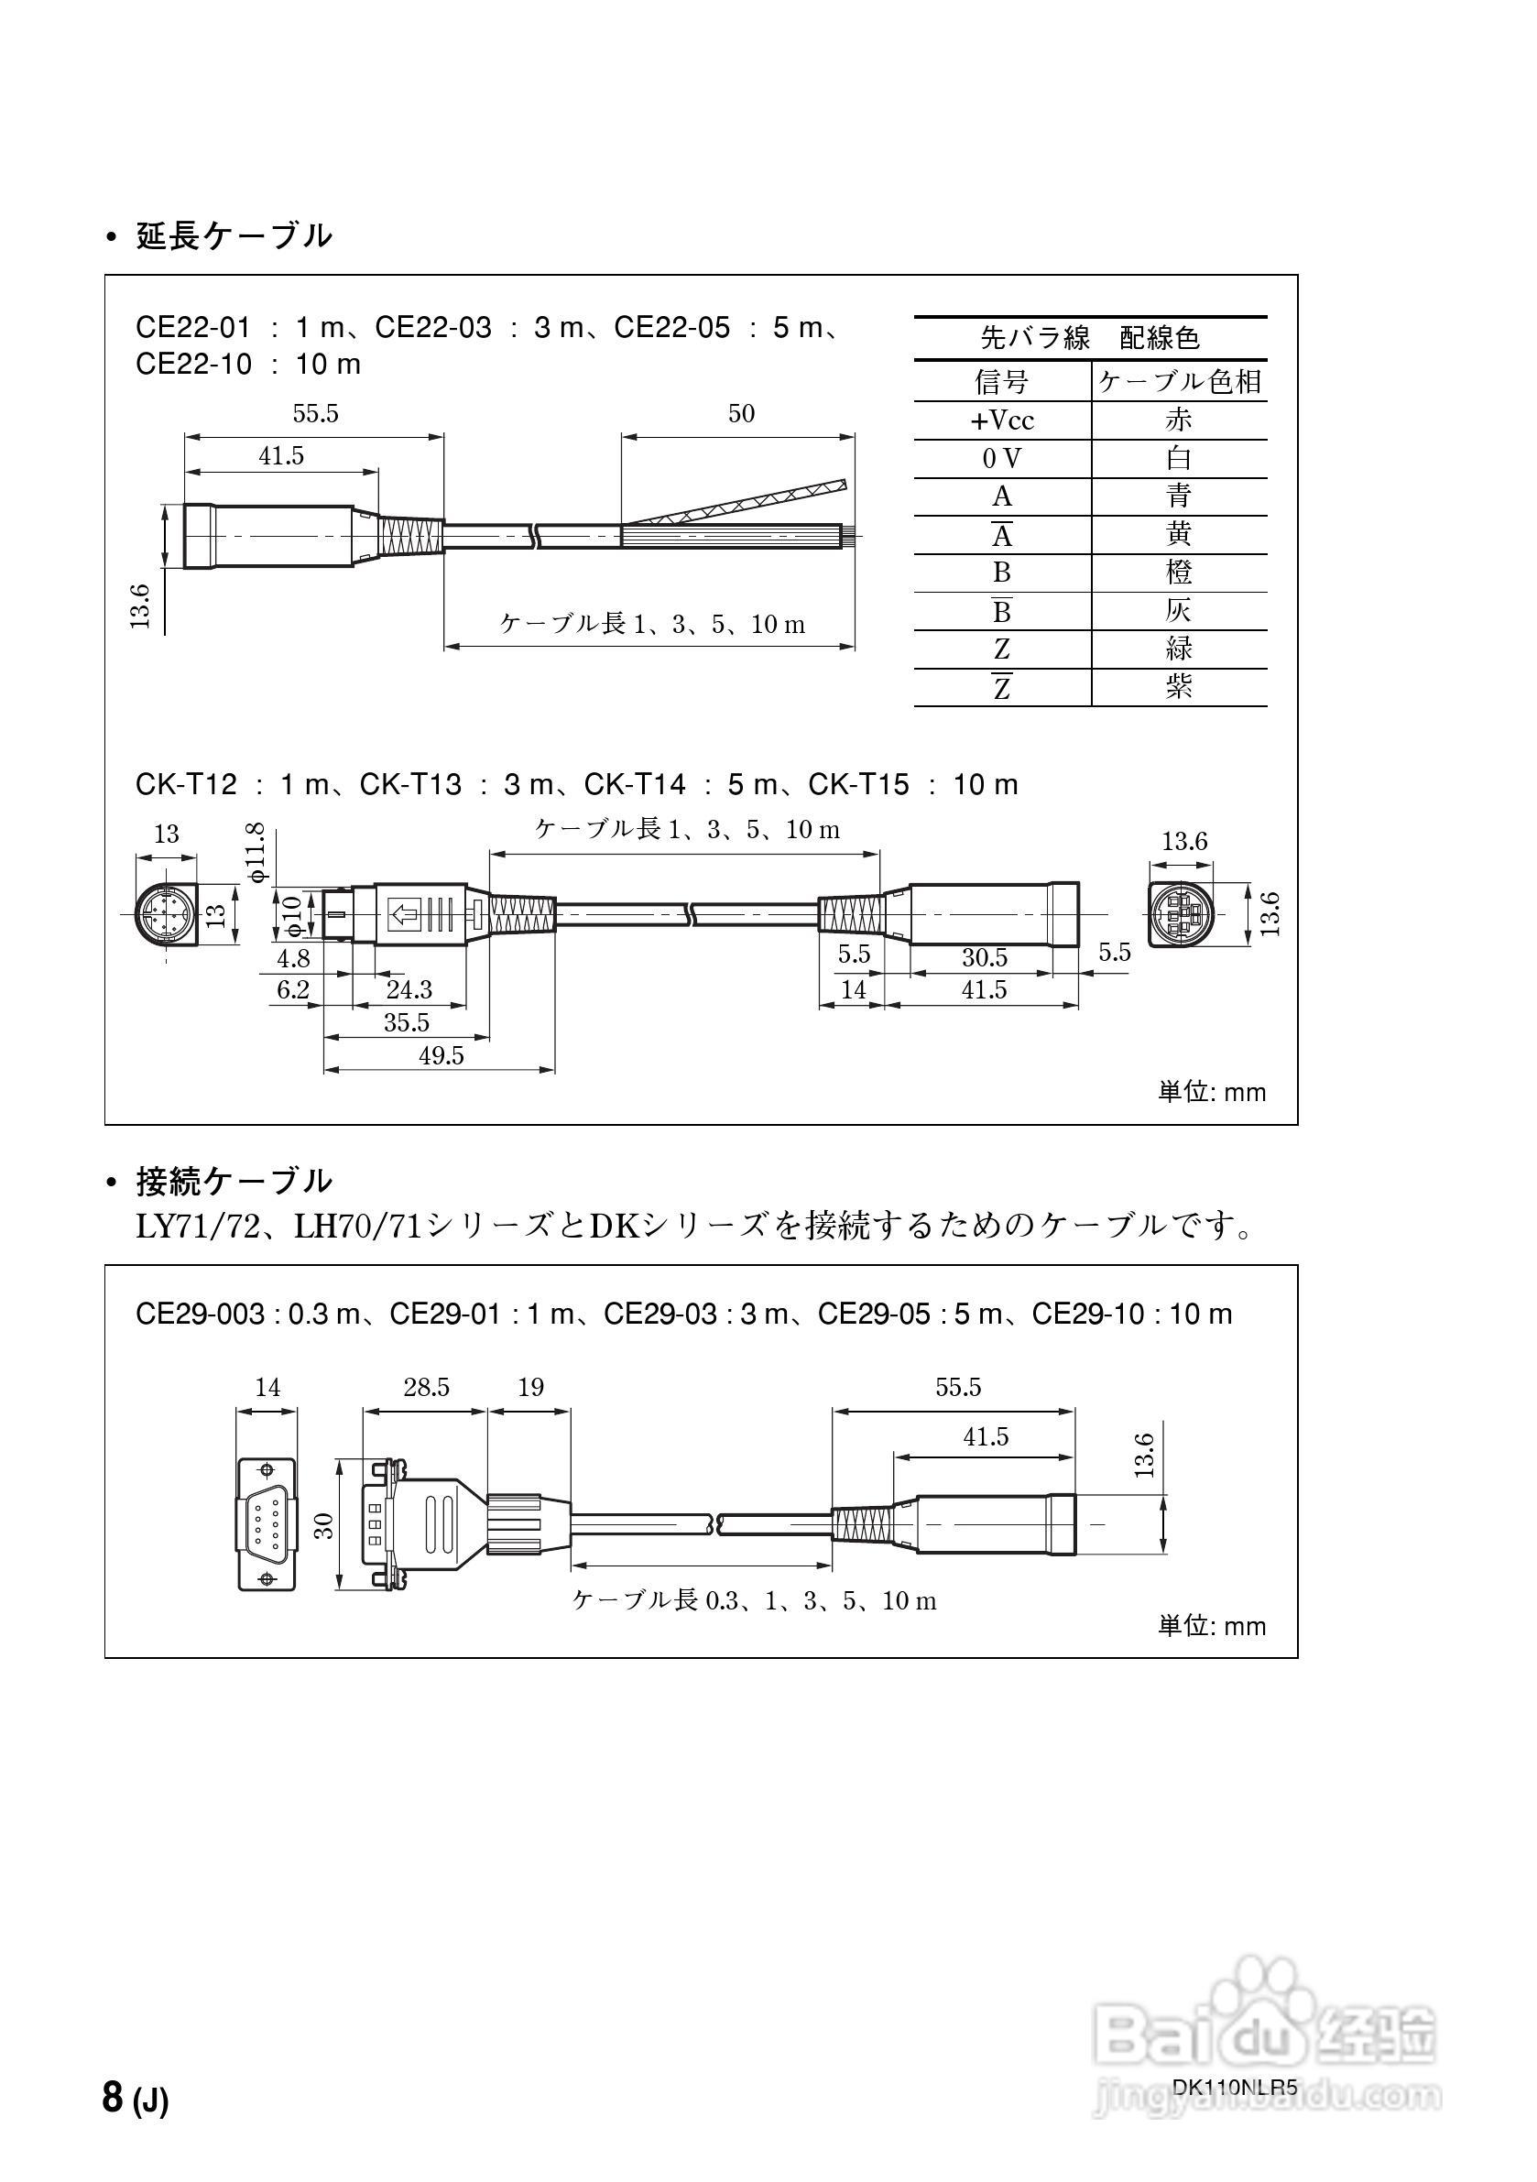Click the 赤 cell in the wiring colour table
coord(1179,420)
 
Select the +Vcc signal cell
coord(1002,420)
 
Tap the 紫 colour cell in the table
coord(1179,687)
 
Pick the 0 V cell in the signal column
coord(1002,459)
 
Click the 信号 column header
coord(1002,381)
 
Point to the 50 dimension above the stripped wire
coord(741,413)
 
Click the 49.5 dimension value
coord(441,1056)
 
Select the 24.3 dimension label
coord(409,989)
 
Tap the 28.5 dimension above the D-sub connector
coord(426,1388)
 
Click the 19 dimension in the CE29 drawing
coord(530,1388)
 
